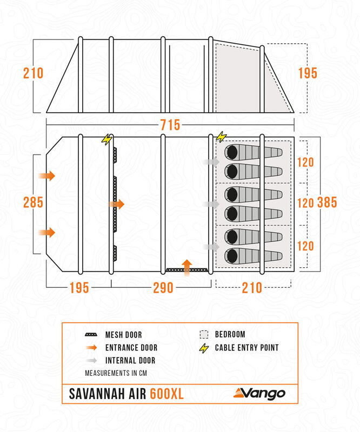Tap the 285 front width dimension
click(x=33, y=202)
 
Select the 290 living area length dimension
click(x=163, y=288)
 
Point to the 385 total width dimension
click(x=327, y=202)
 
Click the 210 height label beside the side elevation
click(x=33, y=73)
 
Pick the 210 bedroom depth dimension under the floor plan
click(x=251, y=288)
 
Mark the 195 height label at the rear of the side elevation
click(x=307, y=73)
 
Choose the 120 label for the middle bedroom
click(x=306, y=203)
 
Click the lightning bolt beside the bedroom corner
click(x=222, y=137)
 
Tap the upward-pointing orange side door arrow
click(x=186, y=267)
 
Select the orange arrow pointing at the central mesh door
click(x=117, y=205)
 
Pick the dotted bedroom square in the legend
click(x=204, y=335)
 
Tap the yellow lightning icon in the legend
click(x=204, y=348)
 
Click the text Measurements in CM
click(x=116, y=373)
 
